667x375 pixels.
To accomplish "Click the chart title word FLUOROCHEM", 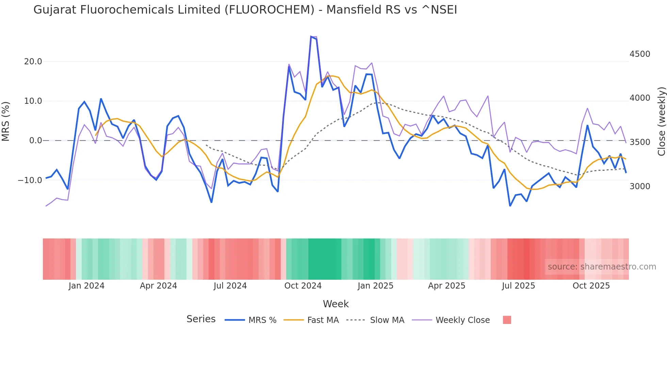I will [269, 10].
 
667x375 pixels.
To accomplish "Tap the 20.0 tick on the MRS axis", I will [33, 62].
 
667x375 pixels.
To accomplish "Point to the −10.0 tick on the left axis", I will [30, 180].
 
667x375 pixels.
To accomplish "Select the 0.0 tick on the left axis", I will [35, 141].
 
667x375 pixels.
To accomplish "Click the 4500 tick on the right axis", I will [640, 54].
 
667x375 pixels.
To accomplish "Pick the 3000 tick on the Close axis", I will [640, 186].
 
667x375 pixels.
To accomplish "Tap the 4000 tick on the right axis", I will [640, 98].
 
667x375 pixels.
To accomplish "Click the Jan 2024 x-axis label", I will [86, 286].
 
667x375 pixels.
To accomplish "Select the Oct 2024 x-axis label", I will [303, 286].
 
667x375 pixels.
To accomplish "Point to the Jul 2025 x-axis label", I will [518, 286].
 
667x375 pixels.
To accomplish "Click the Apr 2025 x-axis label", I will [446, 286].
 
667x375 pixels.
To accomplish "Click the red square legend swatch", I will [507, 320].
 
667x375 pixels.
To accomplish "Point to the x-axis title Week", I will [336, 304].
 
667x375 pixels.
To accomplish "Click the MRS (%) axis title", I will [6, 121].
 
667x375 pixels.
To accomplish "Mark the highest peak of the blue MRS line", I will [311, 36].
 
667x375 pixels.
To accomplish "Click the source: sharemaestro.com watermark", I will [602, 267].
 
